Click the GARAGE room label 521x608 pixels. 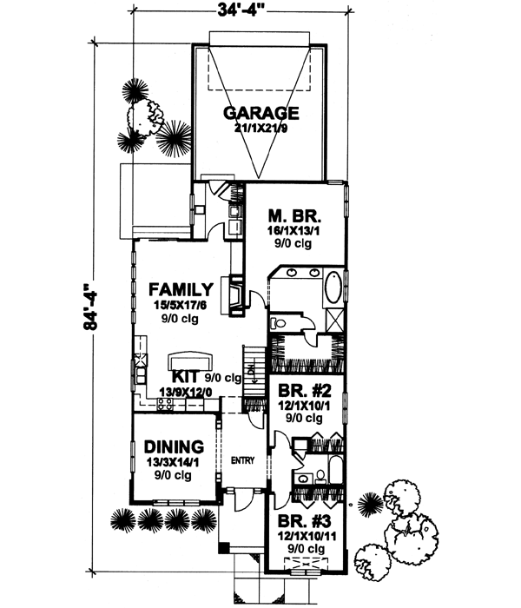tap(260, 113)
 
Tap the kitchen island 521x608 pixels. tap(190, 360)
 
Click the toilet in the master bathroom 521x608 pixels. tap(280, 321)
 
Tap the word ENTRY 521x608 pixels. tap(241, 461)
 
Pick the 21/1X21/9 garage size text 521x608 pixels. tap(260, 129)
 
